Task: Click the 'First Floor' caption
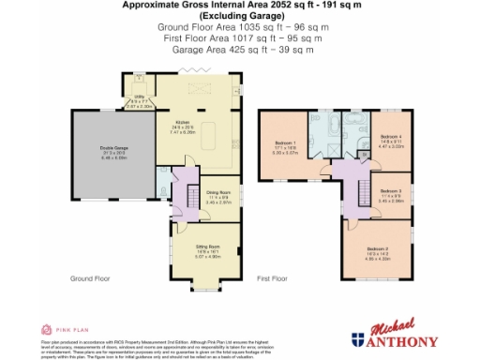point(272,278)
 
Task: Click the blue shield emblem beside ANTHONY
point(358,339)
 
